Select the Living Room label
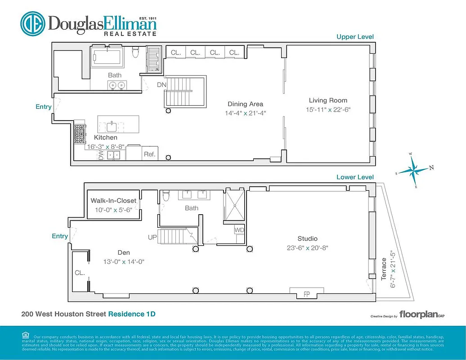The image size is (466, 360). coord(328,100)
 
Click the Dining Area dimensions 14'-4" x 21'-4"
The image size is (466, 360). coord(245,113)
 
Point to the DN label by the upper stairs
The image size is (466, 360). coord(161,85)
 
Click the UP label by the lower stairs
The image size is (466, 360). coord(152,236)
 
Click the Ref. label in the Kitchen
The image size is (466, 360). coord(149,154)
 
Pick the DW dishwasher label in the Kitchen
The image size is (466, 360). coord(101,155)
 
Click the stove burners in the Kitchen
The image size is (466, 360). coord(80,134)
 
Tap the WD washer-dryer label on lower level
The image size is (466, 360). coord(239,230)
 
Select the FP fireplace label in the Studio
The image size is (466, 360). coord(307,295)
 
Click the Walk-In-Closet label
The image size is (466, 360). coord(113,201)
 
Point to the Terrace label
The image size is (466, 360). coord(384,269)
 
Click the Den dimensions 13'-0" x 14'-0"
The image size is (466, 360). coord(117,261)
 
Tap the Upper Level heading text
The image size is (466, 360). coord(355,37)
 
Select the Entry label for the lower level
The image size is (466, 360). coord(60,236)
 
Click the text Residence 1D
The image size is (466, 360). coord(132,314)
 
